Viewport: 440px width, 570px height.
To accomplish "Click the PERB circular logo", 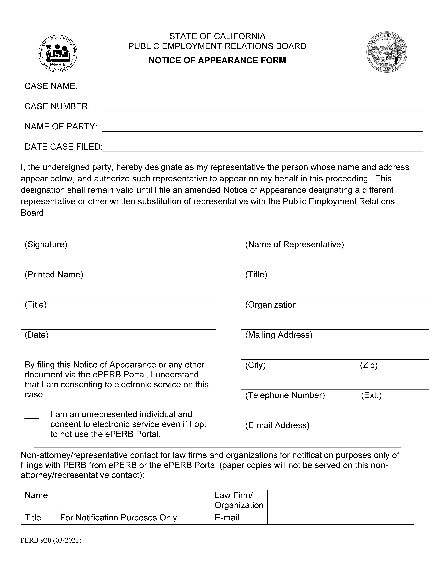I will [58, 53].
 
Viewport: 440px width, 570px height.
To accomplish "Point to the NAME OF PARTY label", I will [61, 127].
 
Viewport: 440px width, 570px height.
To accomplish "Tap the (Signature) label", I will [46, 245].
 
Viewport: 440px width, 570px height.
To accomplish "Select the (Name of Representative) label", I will [294, 245].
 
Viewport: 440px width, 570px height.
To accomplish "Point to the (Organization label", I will [271, 305].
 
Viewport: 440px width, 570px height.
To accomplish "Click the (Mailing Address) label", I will [278, 335].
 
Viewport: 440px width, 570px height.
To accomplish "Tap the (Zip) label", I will [369, 365].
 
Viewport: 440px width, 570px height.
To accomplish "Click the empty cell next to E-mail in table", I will [340, 518].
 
